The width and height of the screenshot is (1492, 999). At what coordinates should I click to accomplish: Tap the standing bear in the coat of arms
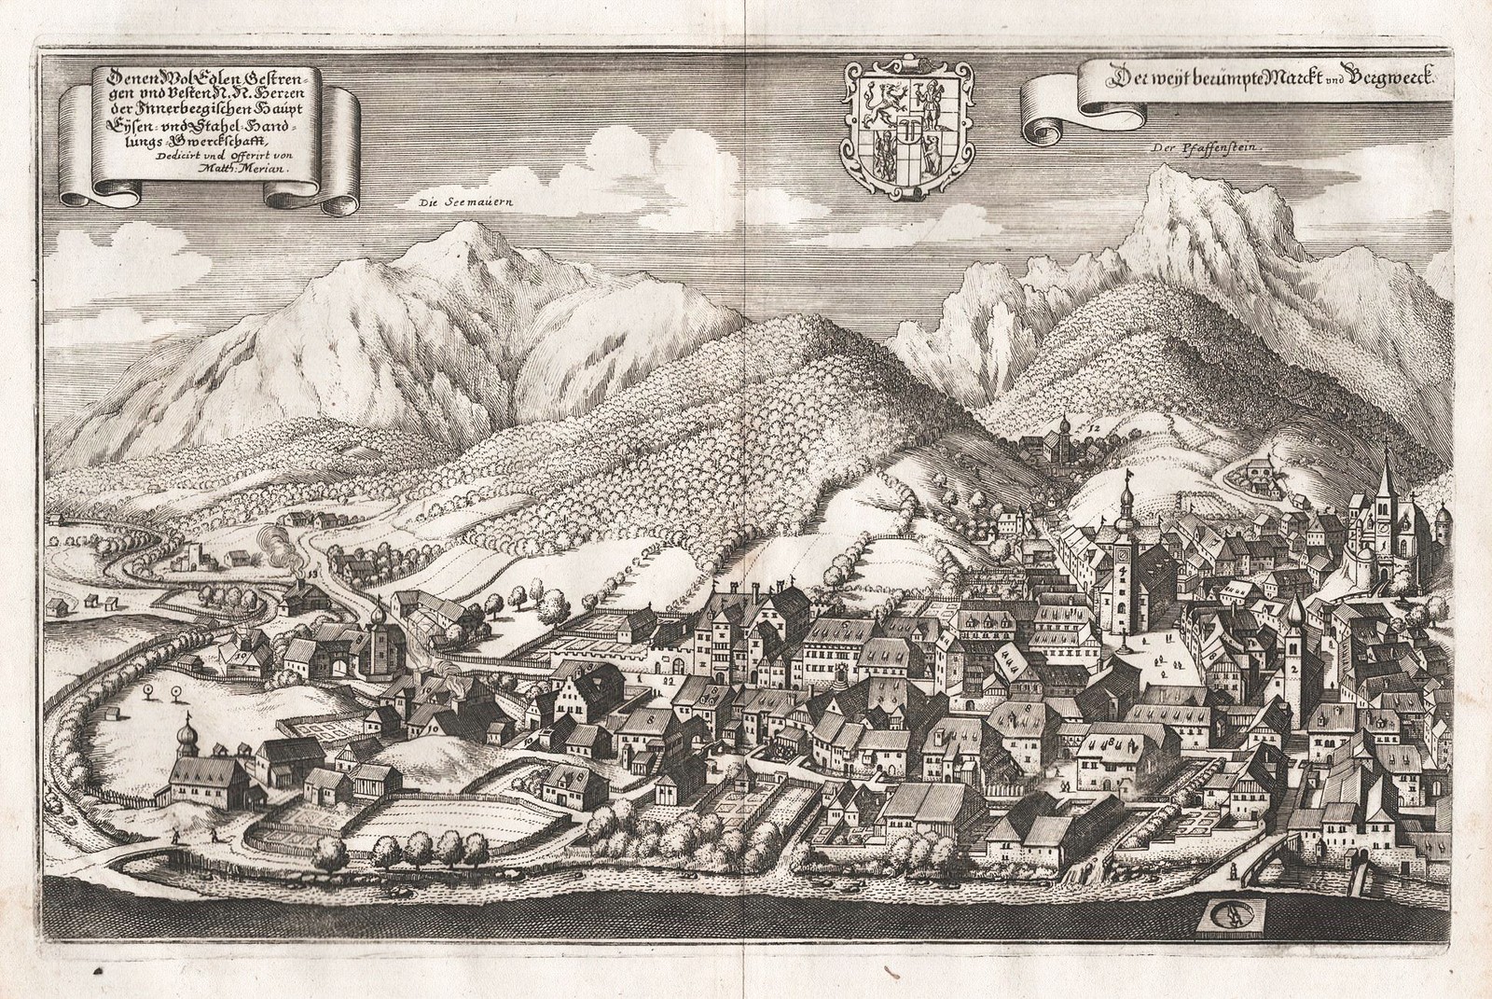[x=929, y=143]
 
